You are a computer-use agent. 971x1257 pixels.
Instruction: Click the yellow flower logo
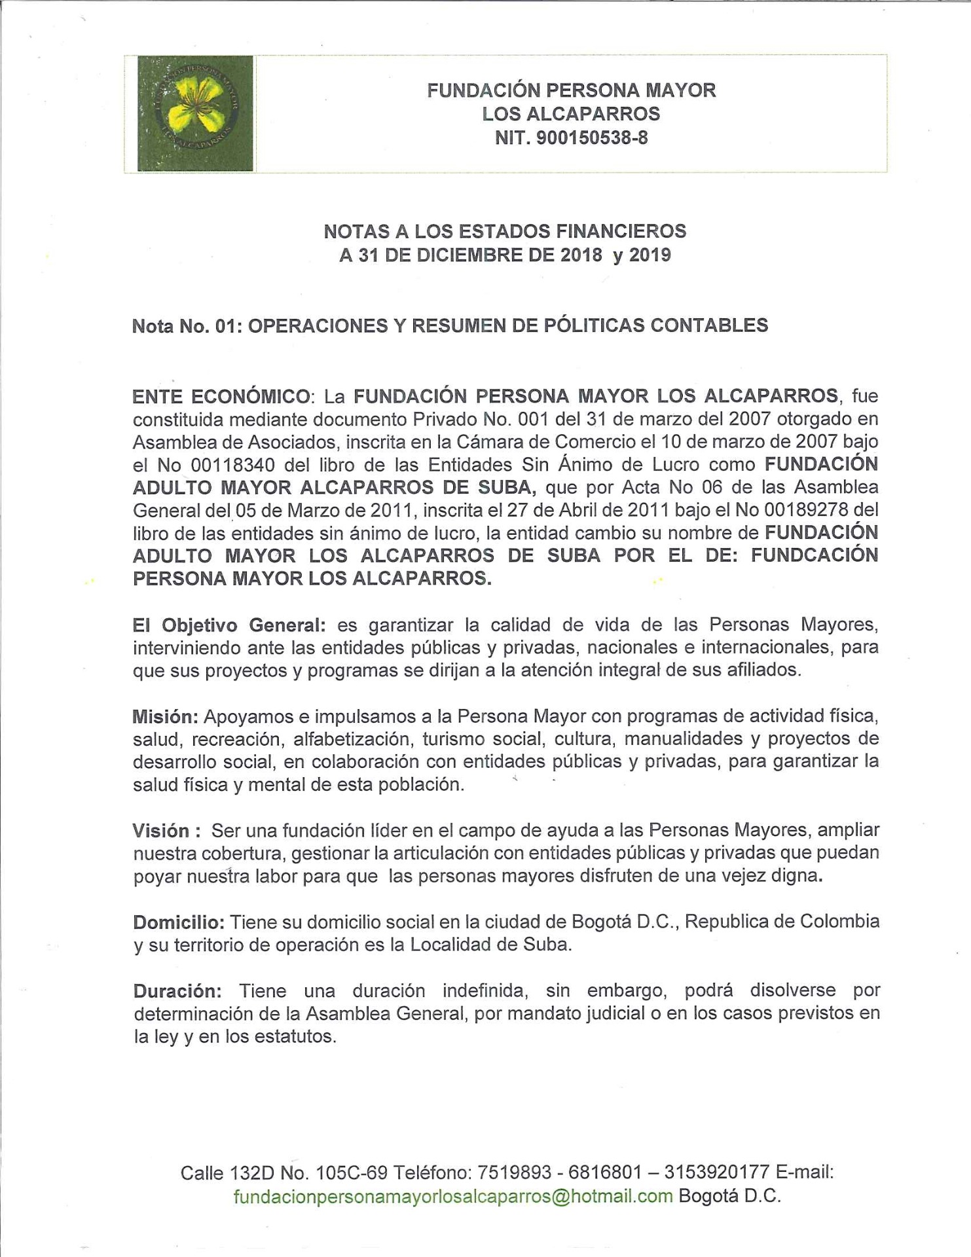pyautogui.click(x=195, y=113)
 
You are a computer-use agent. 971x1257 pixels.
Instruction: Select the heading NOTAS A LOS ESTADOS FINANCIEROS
pyautogui.click(x=505, y=231)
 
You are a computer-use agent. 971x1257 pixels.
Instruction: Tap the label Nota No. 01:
pyautogui.click(x=187, y=326)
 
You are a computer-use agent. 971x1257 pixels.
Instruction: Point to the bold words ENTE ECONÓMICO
pyautogui.click(x=221, y=397)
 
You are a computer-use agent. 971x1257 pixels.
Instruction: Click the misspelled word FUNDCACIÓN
pyautogui.click(x=814, y=555)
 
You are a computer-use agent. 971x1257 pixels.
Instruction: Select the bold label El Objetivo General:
pyautogui.click(x=229, y=625)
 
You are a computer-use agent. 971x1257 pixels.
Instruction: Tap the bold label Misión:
pyautogui.click(x=165, y=716)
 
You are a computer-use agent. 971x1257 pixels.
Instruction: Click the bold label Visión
pyautogui.click(x=162, y=831)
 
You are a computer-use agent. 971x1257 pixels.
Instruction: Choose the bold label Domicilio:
pyautogui.click(x=179, y=922)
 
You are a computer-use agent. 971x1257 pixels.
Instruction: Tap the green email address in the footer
pyautogui.click(x=453, y=1196)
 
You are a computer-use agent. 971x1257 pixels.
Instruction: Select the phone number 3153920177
pyautogui.click(x=716, y=1172)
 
